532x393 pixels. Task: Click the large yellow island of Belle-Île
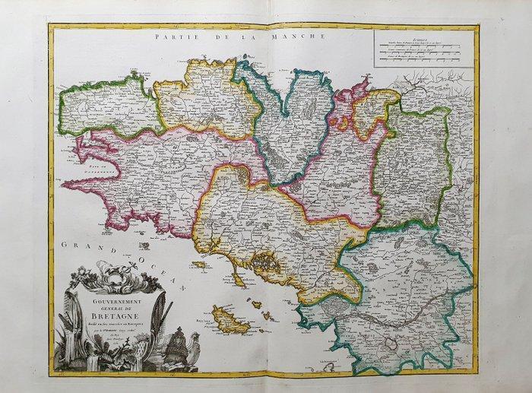pos(230,320)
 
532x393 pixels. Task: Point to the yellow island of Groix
pos(199,265)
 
